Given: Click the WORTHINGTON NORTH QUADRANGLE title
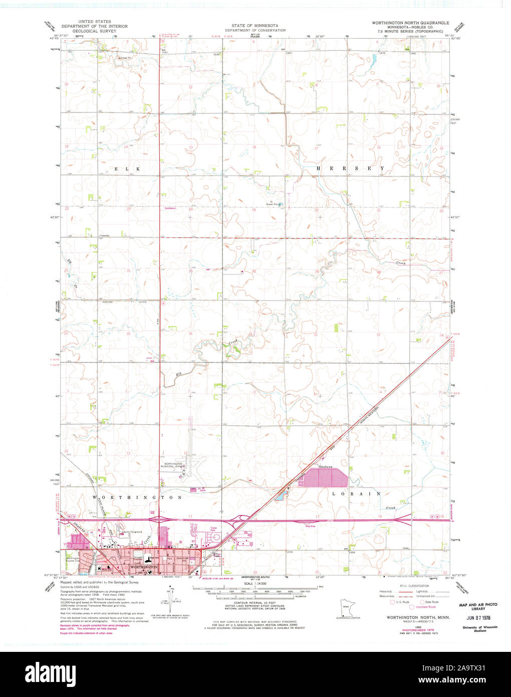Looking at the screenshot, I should point(410,23).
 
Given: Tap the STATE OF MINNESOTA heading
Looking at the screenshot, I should point(255,25).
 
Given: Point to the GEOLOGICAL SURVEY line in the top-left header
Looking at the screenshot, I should point(94,31).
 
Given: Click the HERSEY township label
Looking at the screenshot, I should point(351,168).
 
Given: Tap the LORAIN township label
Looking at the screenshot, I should point(356,494).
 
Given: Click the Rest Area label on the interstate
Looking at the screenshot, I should point(310,526).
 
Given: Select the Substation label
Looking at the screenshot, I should point(170,208).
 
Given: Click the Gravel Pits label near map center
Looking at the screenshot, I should point(272,204).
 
